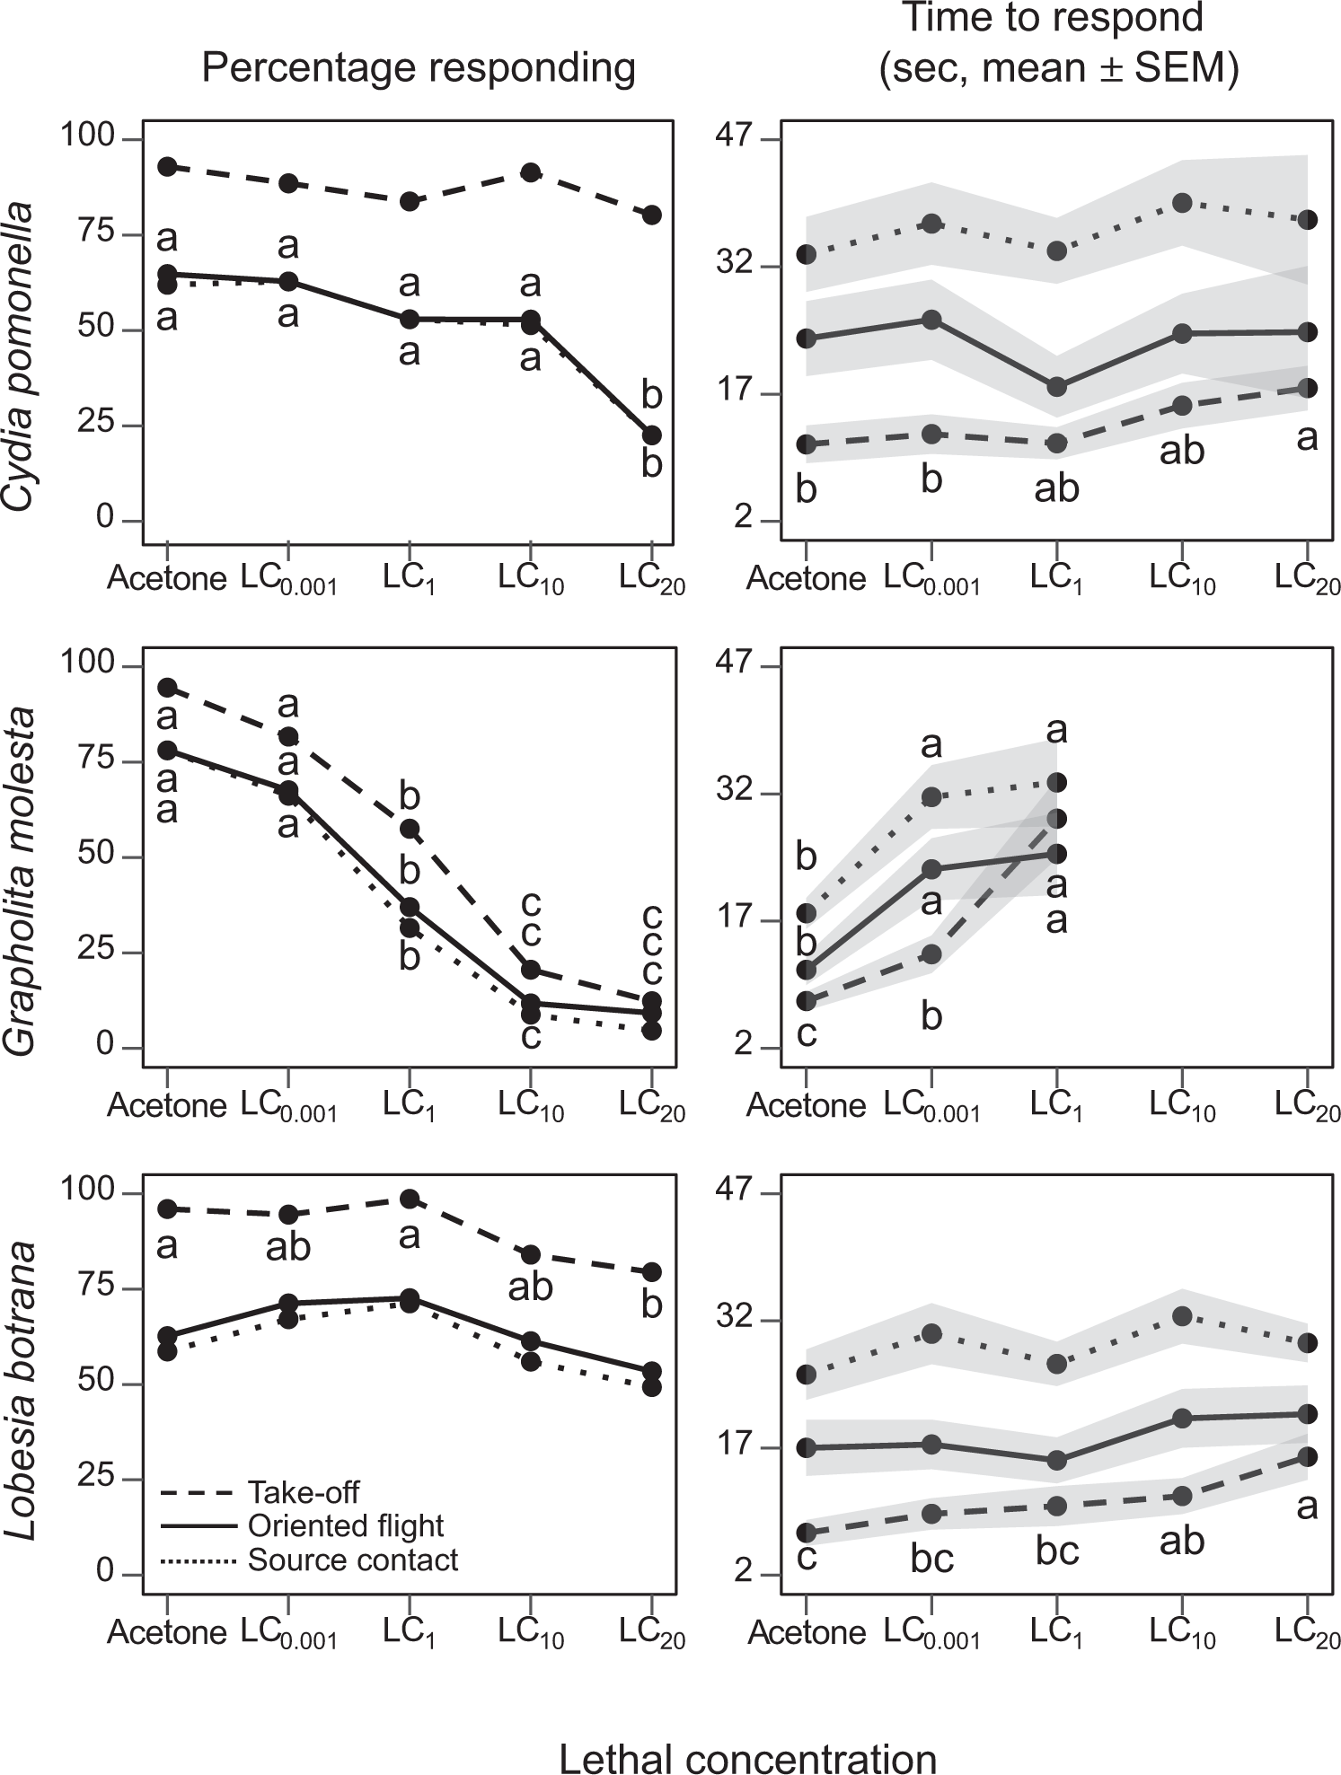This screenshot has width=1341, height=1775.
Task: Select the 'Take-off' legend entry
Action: (303, 1492)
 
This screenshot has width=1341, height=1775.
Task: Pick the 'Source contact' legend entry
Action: (352, 1560)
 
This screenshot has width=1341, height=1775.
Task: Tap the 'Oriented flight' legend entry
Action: (345, 1525)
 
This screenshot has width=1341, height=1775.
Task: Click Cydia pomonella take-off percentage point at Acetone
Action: (167, 166)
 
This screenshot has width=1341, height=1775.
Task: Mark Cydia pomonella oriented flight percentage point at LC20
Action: (652, 435)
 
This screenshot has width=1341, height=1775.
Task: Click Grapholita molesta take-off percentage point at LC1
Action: (410, 828)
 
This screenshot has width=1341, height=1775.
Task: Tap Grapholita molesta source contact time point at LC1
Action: (1057, 782)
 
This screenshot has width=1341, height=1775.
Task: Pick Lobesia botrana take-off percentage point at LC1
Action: (410, 1199)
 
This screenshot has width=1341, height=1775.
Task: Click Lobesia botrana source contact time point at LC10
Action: (1182, 1315)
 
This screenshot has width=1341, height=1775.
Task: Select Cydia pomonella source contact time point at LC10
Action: (1182, 203)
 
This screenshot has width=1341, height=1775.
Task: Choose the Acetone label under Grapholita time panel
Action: (806, 1105)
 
